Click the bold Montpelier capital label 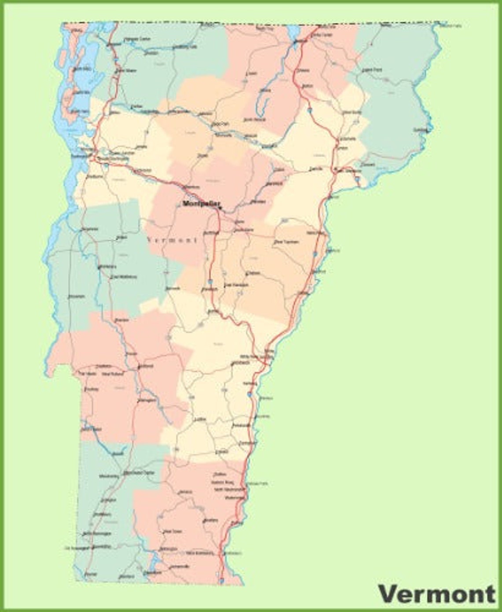[200, 203]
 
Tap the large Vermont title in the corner [436, 594]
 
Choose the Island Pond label [372, 70]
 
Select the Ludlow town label [200, 420]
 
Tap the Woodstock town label [240, 363]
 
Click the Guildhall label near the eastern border [421, 130]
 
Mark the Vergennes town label [89, 229]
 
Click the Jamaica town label [186, 492]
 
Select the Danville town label [316, 169]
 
